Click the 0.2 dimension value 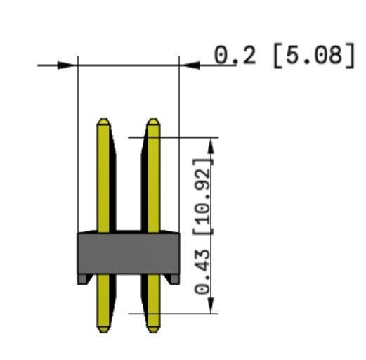pyautogui.click(x=235, y=56)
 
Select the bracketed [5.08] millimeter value pyautogui.click(x=314, y=56)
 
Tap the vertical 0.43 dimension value pyautogui.click(x=202, y=271)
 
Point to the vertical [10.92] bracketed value pyautogui.click(x=203, y=196)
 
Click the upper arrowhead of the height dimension pyautogui.click(x=211, y=146)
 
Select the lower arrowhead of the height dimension pyautogui.click(x=211, y=305)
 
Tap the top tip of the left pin pyautogui.click(x=103, y=119)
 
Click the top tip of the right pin pyautogui.click(x=153, y=119)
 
